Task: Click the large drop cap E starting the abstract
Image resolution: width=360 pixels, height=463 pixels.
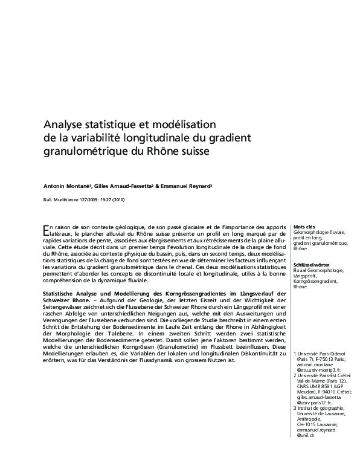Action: [47, 229]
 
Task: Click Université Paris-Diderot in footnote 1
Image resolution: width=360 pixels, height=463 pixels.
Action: [324, 353]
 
